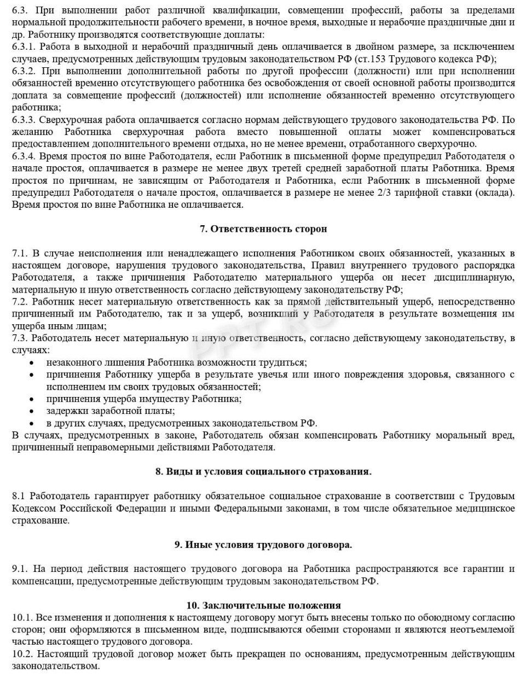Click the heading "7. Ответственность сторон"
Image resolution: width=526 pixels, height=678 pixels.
pyautogui.click(x=263, y=229)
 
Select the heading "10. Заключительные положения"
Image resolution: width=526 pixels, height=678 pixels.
pyautogui.click(x=263, y=605)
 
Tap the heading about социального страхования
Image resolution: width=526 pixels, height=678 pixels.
pyautogui.click(x=263, y=471)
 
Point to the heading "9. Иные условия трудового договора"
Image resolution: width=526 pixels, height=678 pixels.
pyautogui.click(x=263, y=545)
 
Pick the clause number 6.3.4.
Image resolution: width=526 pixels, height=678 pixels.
pyautogui.click(x=23, y=156)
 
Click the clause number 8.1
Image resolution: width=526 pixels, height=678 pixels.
pyautogui.click(x=19, y=496)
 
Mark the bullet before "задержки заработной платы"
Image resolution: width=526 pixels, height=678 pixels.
pyautogui.click(x=33, y=411)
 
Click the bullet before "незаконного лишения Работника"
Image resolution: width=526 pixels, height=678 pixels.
pyautogui.click(x=33, y=363)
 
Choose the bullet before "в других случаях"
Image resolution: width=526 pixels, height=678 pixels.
pyautogui.click(x=33, y=424)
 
